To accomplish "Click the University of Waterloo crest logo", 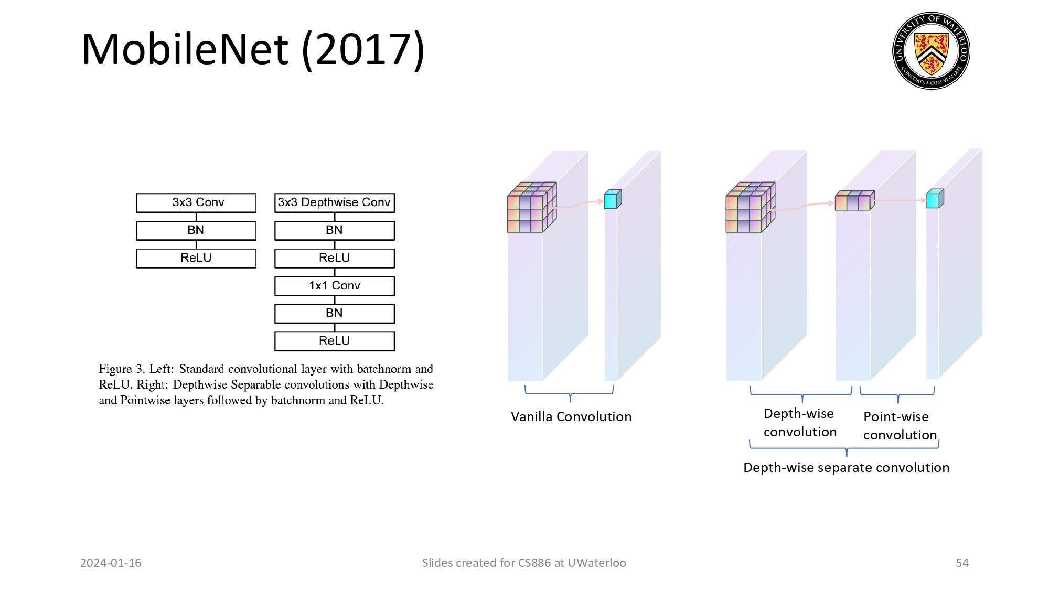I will tap(931, 51).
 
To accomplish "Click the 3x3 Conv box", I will tap(196, 202).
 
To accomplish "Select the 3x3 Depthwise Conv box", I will tap(334, 202).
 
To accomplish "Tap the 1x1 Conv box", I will tap(334, 286).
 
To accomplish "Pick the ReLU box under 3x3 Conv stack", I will tap(196, 258).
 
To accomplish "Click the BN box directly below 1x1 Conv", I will tap(334, 313).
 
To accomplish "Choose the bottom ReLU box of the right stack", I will tap(334, 341).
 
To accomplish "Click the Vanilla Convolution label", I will tap(571, 417).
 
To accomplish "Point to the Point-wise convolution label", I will tap(899, 426).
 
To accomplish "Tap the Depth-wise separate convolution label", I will tap(846, 468).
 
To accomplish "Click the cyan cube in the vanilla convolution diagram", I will tap(612, 199).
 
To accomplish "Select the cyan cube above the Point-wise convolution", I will tap(934, 199).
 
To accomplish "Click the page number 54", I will tap(962, 563).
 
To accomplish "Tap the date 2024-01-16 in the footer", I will tap(111, 563).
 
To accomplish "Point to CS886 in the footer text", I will tap(534, 563).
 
